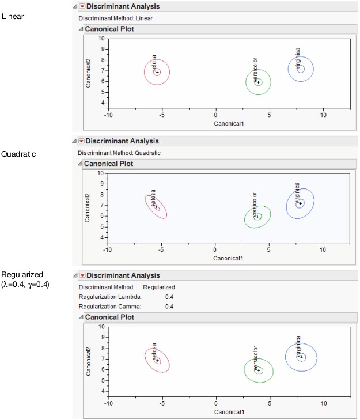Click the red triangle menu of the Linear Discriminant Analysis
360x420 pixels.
[82, 6]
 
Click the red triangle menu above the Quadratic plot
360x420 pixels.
[81, 141]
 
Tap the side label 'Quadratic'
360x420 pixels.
[18, 154]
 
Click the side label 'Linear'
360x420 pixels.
[13, 16]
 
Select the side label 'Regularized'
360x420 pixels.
[22, 274]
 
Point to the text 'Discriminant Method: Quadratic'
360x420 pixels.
[119, 153]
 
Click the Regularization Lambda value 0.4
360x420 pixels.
[169, 297]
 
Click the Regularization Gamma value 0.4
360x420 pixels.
[169, 307]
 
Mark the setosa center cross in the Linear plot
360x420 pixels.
[157, 72]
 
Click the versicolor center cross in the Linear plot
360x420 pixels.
[259, 82]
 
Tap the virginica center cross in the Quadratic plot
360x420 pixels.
[300, 203]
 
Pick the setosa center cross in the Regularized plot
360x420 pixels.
[157, 361]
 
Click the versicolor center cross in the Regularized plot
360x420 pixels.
[259, 370]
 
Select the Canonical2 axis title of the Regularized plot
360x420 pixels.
[89, 361]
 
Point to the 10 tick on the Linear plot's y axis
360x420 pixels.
[101, 39]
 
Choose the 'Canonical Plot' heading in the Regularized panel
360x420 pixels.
[109, 317]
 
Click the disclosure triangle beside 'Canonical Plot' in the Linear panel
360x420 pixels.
[81, 28]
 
